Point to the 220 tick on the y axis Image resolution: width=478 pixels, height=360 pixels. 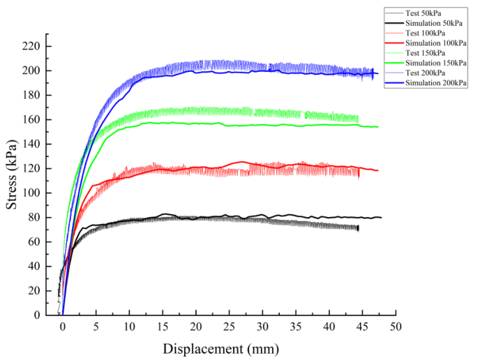(33, 46)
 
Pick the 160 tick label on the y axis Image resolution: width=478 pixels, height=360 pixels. (33, 120)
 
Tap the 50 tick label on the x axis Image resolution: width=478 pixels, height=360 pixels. (395, 327)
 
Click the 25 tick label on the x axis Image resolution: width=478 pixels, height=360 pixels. (229, 327)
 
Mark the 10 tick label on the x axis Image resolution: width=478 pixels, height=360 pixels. (129, 327)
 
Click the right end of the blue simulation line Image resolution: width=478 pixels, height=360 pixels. (378, 74)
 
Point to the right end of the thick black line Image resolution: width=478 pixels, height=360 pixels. (381, 218)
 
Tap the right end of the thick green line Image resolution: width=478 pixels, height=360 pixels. (378, 127)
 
